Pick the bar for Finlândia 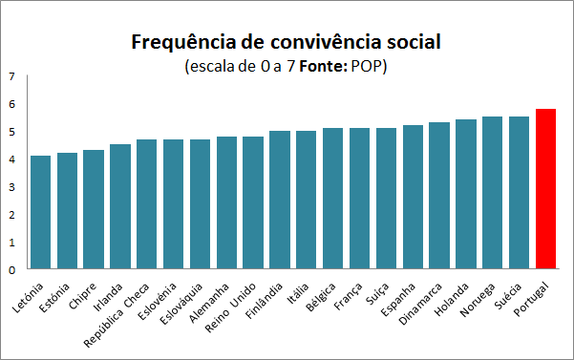[280, 200]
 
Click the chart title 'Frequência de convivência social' [287, 43]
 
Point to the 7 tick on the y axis [11, 76]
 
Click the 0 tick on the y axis [11, 270]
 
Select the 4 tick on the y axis [11, 159]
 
